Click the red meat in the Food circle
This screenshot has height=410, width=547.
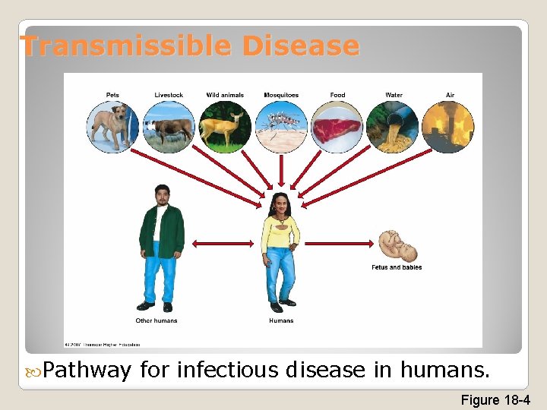337,128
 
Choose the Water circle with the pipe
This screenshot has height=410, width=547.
394,127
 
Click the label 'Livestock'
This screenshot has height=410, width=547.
169,95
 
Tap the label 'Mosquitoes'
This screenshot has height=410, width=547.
281,95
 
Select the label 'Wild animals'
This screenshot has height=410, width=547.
225,95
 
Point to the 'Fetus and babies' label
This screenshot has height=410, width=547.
397,267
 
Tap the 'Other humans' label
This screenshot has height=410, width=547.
157,320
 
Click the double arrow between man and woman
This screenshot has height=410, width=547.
222,244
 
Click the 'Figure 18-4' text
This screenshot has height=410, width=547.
495,399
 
